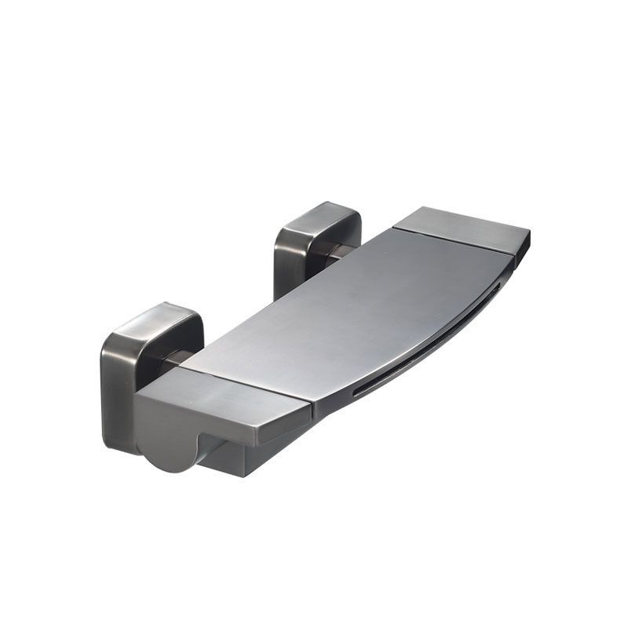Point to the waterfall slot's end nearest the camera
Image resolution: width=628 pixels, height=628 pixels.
pos(357,392)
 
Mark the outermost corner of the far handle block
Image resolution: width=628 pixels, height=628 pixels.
pos(529,232)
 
